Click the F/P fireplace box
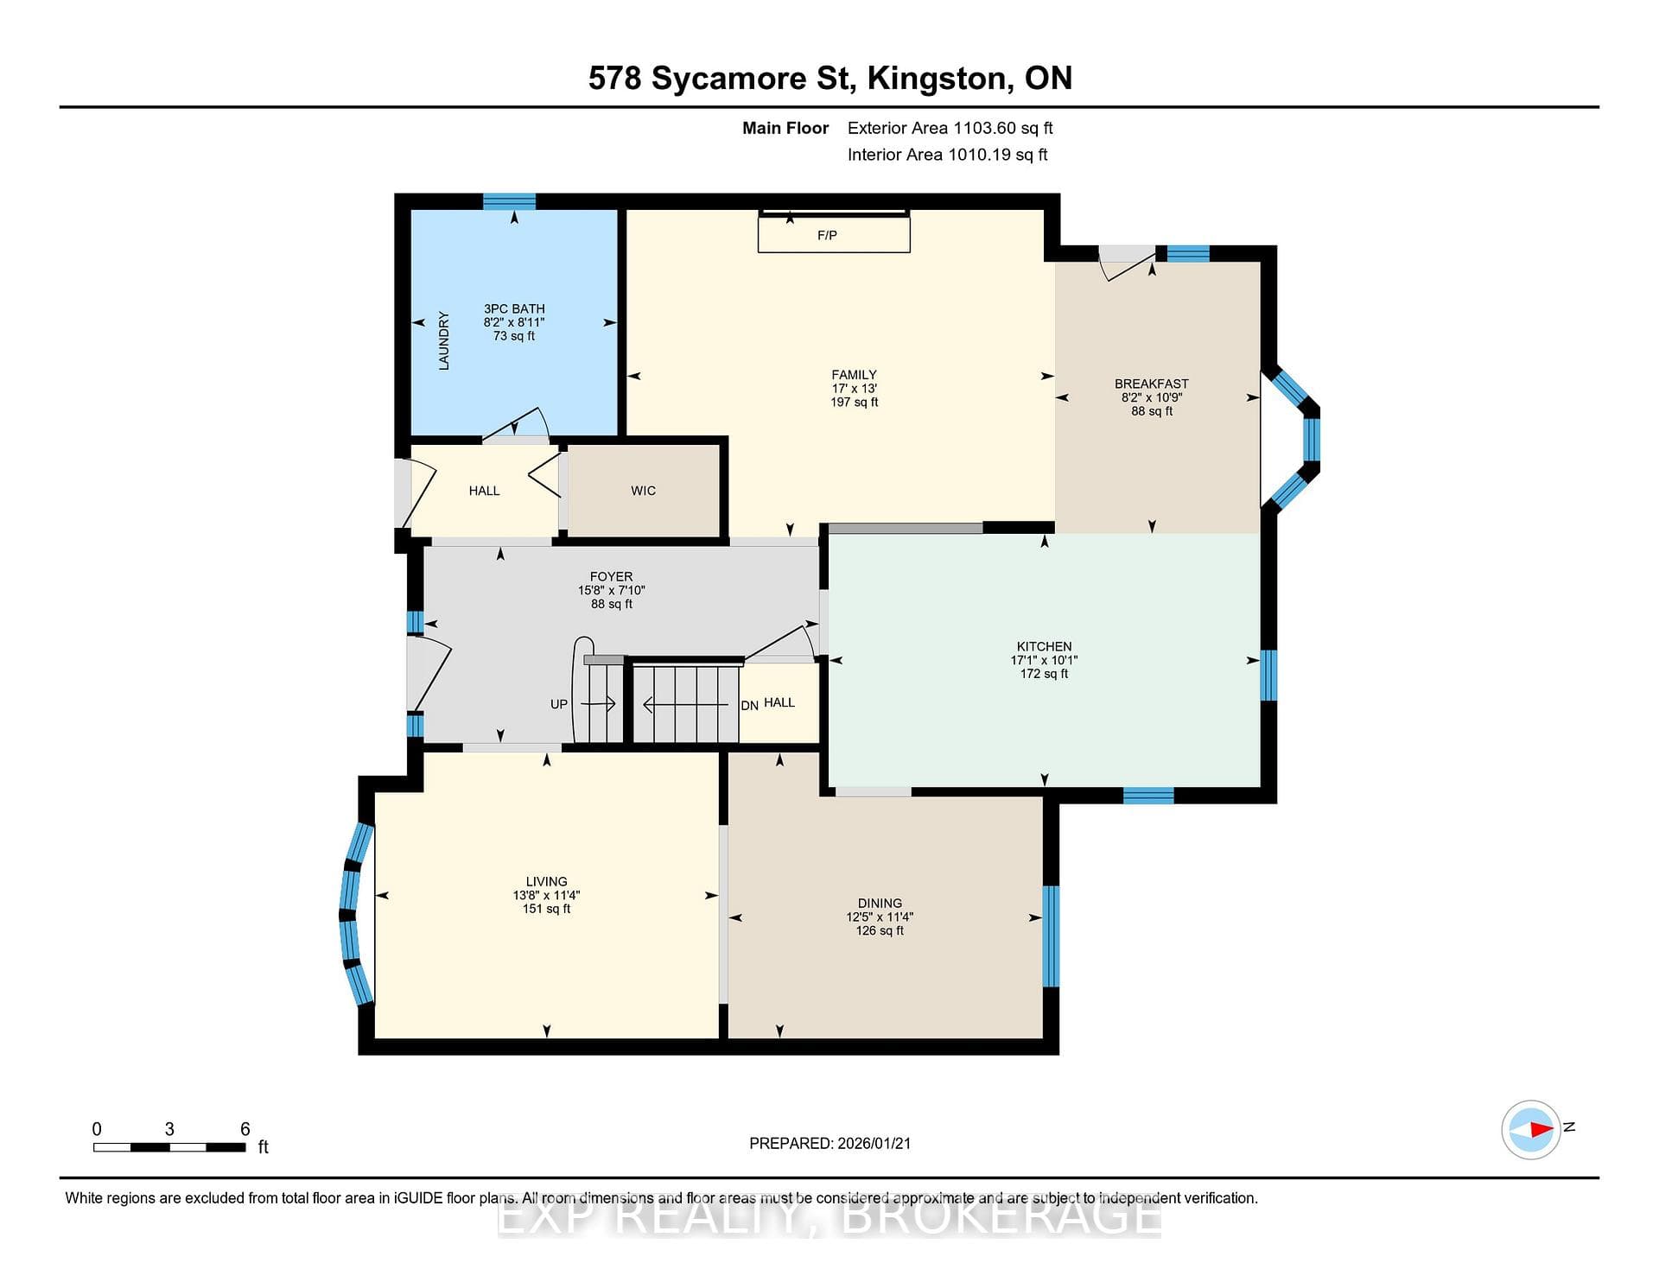834,234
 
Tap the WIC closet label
643,491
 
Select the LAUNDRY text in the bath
444,340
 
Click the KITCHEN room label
1044,646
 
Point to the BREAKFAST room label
1152,384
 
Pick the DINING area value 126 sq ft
880,930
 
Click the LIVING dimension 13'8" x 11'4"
546,896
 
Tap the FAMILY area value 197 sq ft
854,402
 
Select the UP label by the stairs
559,704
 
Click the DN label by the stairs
749,706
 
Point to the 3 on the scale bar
169,1129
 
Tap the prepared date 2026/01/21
874,1143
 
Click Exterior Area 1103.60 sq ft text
950,128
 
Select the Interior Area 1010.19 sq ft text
948,155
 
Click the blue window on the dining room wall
1051,936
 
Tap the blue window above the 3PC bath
509,201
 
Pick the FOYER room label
611,576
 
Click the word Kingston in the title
940,79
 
